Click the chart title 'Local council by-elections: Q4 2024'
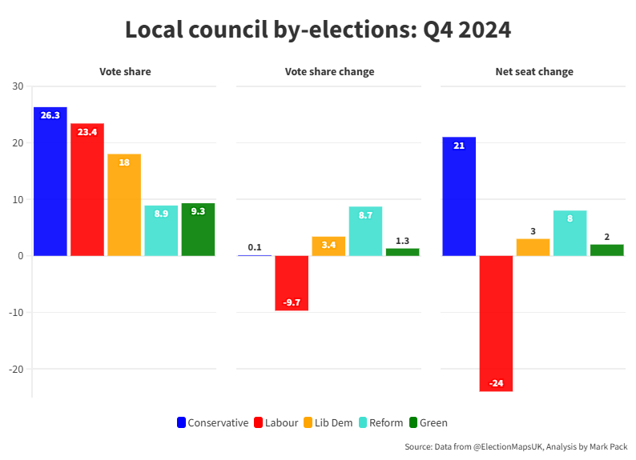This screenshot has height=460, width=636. (x=318, y=30)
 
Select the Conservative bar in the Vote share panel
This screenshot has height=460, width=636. (x=50, y=182)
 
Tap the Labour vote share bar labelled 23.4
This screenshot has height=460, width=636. (x=87, y=190)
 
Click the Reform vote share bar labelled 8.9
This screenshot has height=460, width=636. (x=161, y=230)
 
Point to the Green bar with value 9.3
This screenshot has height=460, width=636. (x=198, y=230)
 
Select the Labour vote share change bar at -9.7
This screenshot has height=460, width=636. (x=292, y=283)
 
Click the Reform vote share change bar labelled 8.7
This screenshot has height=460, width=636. (x=365, y=231)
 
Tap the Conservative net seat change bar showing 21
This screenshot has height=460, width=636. (x=459, y=197)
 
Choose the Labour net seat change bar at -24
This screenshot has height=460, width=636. (x=496, y=323)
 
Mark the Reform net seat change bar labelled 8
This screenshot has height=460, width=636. (x=570, y=233)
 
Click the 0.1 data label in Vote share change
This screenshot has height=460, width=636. (x=255, y=247)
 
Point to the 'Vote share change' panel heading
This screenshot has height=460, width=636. (x=329, y=72)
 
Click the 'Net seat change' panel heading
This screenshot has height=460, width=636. (x=534, y=72)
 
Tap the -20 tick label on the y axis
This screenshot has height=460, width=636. (x=15, y=369)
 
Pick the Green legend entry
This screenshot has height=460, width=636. (x=428, y=422)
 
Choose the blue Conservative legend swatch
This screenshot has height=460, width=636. (x=181, y=422)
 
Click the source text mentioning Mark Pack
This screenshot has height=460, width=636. (x=516, y=446)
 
